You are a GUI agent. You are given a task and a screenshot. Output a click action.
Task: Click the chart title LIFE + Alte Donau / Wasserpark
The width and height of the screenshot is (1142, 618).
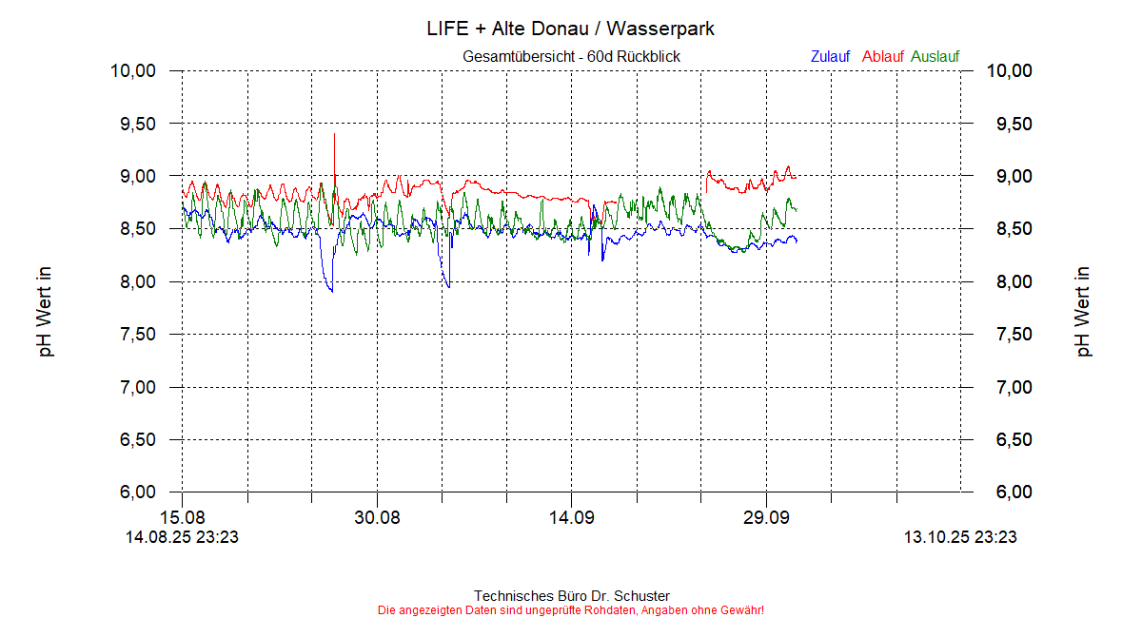571,29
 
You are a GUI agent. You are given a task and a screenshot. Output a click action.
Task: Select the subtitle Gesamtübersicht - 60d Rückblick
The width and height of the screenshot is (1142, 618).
571,57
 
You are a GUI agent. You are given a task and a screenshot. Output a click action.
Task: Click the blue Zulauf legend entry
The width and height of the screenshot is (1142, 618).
830,57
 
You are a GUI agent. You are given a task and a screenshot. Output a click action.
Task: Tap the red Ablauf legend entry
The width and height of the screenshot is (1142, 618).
882,57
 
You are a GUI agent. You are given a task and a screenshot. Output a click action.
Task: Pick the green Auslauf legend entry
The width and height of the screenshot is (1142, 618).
935,57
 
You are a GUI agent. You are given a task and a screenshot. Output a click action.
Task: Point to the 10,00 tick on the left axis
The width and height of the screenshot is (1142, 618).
133,71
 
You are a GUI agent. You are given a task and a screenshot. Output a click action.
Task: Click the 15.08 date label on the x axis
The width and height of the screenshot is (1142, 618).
183,518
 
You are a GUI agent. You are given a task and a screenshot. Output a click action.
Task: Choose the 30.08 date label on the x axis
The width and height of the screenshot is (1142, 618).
377,518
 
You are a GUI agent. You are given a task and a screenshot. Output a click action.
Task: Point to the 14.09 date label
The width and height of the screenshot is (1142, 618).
571,518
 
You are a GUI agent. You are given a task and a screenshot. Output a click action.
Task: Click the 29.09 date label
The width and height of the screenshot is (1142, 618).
766,518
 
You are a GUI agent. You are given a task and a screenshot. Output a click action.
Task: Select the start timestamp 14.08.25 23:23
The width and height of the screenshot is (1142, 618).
183,538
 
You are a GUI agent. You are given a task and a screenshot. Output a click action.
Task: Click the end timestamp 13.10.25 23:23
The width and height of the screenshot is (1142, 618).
959,538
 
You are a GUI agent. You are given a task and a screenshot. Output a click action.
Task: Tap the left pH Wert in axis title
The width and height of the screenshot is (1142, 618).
45,312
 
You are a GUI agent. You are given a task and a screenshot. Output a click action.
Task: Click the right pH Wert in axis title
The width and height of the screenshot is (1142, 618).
1084,312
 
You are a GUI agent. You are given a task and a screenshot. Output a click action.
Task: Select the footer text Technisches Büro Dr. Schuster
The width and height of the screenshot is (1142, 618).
571,596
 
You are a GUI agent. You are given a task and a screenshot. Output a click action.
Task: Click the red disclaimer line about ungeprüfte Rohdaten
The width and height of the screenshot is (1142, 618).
571,609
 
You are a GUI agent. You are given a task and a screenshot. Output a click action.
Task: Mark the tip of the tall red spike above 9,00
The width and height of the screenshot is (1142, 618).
334,134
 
